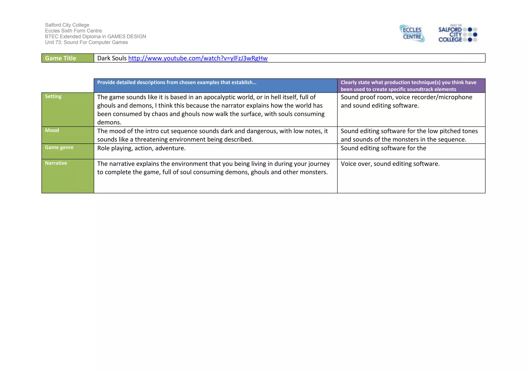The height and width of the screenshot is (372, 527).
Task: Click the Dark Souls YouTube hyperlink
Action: pos(198,58)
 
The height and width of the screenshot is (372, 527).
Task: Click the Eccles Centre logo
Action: pos(412,33)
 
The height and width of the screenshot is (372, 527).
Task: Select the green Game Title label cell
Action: pos(68,58)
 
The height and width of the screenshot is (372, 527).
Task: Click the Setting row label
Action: pos(53,97)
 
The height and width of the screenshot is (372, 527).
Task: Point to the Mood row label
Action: pos(52,131)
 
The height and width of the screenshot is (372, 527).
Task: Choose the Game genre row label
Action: pos(59,147)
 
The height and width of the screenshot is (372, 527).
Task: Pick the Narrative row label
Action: pos(56,163)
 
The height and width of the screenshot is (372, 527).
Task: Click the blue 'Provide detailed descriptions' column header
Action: pos(177,82)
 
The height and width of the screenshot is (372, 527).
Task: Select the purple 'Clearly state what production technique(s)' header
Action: pos(408,86)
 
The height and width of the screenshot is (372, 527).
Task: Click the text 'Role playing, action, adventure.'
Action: pos(141,148)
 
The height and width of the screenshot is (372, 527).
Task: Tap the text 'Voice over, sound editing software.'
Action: pos(390,164)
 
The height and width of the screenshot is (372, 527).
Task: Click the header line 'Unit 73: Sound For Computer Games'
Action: pos(86,42)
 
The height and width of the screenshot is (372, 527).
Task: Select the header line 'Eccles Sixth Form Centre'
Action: pos(73,31)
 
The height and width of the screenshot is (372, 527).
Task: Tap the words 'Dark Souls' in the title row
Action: pos(112,58)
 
